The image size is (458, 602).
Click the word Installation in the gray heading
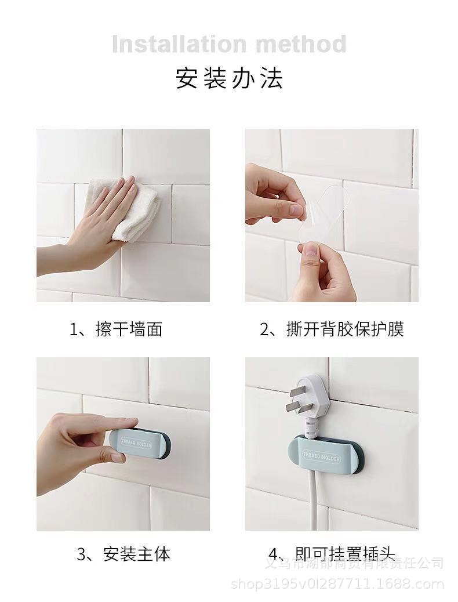[175, 44]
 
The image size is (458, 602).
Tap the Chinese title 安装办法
[229, 78]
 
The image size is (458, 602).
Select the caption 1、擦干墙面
[116, 329]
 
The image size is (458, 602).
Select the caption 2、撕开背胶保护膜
[331, 329]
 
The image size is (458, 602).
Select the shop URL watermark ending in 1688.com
[337, 583]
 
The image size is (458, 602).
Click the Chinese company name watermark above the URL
[354, 563]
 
